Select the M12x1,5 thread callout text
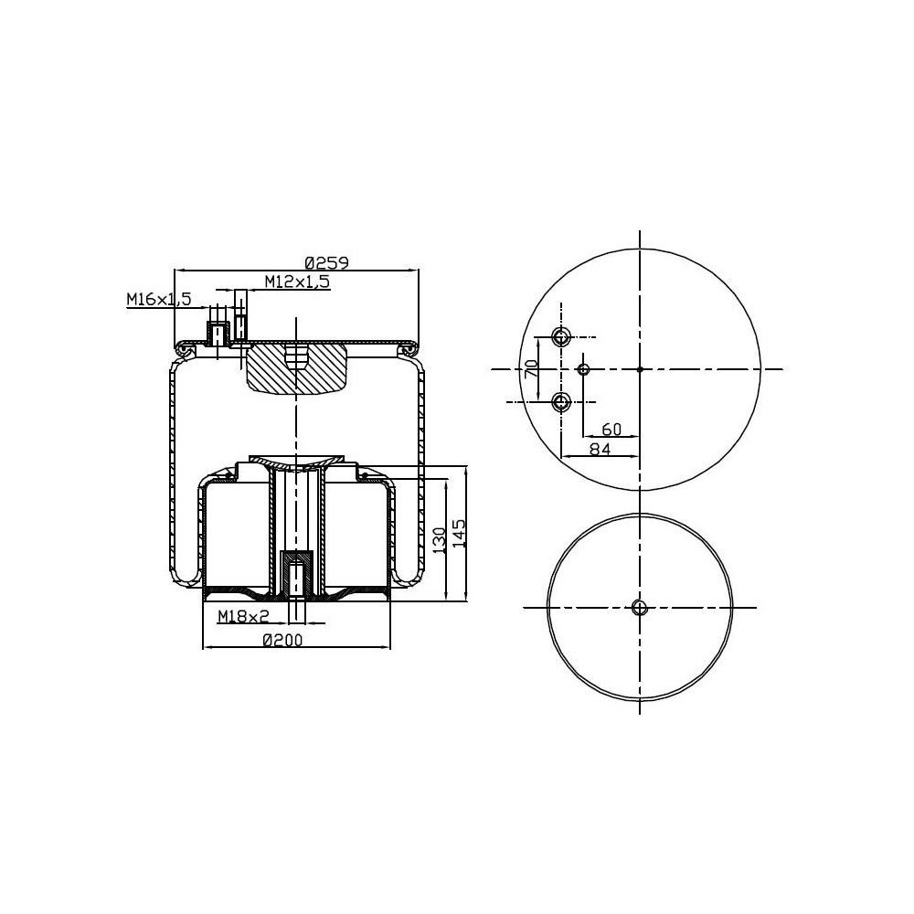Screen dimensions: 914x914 pyautogui.click(x=297, y=282)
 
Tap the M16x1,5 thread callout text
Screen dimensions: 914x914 pyautogui.click(x=158, y=299)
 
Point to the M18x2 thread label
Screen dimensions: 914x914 pyautogui.click(x=243, y=617)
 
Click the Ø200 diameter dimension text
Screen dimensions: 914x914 pyautogui.click(x=282, y=641)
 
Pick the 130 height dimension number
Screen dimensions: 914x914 pyautogui.click(x=440, y=539)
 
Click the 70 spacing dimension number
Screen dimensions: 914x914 pyautogui.click(x=529, y=369)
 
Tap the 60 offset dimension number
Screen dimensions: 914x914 pyautogui.click(x=611, y=429)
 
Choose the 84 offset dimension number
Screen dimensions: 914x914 pyautogui.click(x=600, y=448)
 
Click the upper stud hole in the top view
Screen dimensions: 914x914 pyautogui.click(x=562, y=336)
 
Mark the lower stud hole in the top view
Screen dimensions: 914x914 pyautogui.click(x=562, y=401)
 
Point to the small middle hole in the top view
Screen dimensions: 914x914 pyautogui.click(x=585, y=369)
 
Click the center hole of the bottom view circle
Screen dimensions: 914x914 pyautogui.click(x=640, y=608)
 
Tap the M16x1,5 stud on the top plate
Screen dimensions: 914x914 pyautogui.click(x=218, y=334)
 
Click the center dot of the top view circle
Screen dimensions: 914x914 pyautogui.click(x=640, y=369)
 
